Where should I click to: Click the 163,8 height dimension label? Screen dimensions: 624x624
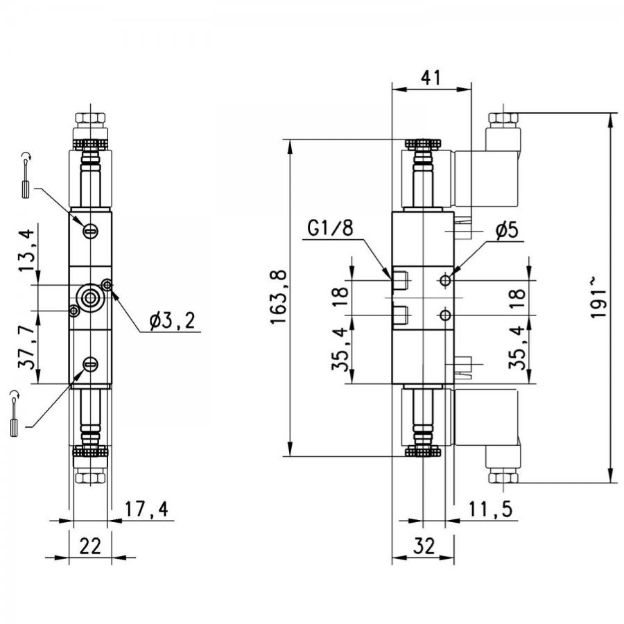point(279,297)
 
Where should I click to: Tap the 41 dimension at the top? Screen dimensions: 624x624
point(431,78)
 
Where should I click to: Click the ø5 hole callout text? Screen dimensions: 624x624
point(507,229)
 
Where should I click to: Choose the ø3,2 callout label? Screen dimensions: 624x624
point(173,321)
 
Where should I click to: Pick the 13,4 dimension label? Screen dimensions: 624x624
point(28,247)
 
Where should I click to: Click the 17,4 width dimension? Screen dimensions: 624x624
point(147,509)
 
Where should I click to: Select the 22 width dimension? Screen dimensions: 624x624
point(90,546)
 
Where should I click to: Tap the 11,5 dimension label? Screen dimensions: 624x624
point(490,509)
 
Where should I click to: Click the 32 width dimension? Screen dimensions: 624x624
point(424,546)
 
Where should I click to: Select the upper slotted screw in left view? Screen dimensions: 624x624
point(91,230)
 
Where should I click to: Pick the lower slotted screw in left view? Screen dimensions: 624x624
point(90,364)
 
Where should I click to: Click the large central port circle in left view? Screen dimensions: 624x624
point(90,297)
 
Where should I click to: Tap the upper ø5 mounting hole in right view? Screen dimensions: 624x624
point(446,281)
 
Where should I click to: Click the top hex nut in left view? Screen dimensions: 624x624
point(91,119)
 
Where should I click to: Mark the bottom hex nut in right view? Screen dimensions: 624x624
point(503,477)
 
